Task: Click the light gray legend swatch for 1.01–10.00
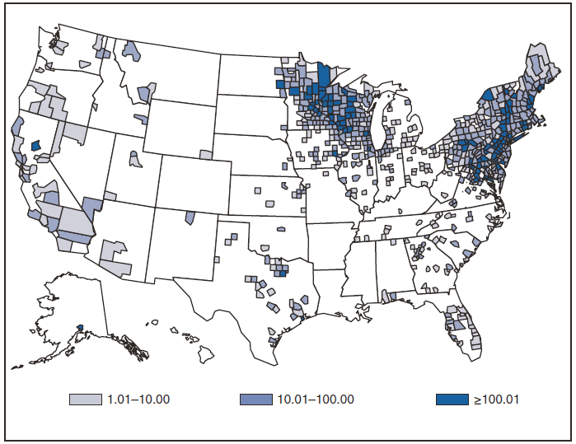click(x=86, y=400)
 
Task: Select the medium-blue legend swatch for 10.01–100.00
click(x=255, y=400)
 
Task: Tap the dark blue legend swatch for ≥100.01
click(x=452, y=400)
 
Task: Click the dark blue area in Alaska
click(x=79, y=328)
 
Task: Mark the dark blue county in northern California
click(x=35, y=145)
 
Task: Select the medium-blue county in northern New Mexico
click(x=190, y=217)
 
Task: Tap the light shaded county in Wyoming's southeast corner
click(x=206, y=154)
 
